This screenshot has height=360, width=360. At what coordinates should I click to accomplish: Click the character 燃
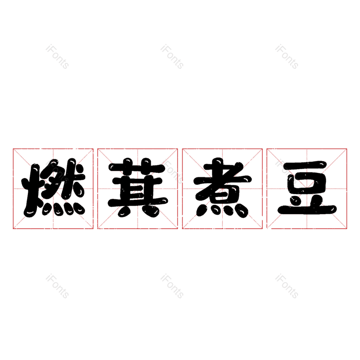tap(53, 188)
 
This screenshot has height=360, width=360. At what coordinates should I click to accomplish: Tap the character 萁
tap(138, 188)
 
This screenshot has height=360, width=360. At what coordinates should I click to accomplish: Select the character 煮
tap(222, 188)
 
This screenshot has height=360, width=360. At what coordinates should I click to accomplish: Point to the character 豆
tap(307, 188)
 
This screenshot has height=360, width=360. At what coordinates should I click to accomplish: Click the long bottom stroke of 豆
tap(307, 209)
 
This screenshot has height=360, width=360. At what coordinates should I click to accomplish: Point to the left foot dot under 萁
tap(124, 211)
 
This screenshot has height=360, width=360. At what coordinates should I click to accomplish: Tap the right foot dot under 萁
tap(152, 211)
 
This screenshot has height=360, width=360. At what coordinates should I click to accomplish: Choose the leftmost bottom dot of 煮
tap(201, 211)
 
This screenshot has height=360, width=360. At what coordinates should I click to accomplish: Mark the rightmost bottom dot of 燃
tap(80, 210)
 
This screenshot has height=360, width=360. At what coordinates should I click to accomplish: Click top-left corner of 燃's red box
tap(13, 149)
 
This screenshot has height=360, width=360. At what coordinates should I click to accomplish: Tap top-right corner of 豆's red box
tap(346, 149)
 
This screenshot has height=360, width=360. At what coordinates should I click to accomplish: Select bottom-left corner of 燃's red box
tap(13, 229)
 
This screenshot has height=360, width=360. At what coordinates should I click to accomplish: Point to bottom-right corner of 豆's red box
tap(346, 229)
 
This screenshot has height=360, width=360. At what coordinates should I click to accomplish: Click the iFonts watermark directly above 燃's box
tap(57, 57)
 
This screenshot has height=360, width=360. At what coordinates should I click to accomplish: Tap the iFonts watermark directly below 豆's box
tap(287, 286)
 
